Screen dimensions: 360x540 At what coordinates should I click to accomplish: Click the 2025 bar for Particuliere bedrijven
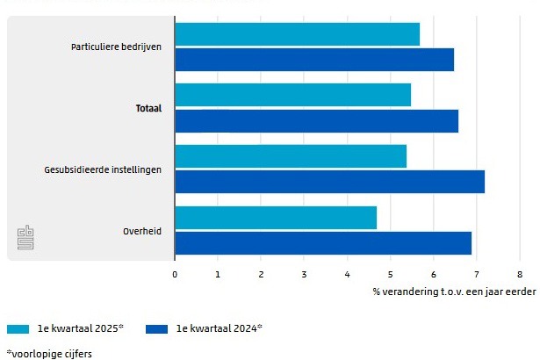pyautogui.click(x=297, y=34)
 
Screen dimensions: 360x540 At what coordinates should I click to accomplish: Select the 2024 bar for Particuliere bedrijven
pyautogui.click(x=314, y=60)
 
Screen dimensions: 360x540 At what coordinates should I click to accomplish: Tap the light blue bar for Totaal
pyautogui.click(x=292, y=95)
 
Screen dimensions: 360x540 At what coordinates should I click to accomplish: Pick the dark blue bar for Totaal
pyautogui.click(x=316, y=121)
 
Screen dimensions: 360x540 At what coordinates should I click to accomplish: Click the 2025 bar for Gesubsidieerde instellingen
pyautogui.click(x=291, y=156)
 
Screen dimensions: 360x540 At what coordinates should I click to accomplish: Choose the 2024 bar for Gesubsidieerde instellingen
pyautogui.click(x=329, y=182)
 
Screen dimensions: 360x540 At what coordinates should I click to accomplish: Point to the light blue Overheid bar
pyautogui.click(x=276, y=218)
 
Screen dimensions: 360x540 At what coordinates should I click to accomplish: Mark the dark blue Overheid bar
pyautogui.click(x=323, y=243)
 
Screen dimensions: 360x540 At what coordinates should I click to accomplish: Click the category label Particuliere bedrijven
pyautogui.click(x=116, y=47)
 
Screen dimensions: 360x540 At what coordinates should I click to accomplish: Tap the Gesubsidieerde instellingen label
pyautogui.click(x=103, y=169)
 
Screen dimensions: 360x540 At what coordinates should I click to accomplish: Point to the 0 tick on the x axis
pyautogui.click(x=175, y=275)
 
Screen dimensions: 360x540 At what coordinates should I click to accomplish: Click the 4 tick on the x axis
pyautogui.click(x=347, y=275)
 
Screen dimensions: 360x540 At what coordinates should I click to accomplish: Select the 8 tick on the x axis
pyautogui.click(x=520, y=275)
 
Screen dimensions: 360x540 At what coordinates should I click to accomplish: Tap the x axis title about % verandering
pyautogui.click(x=453, y=292)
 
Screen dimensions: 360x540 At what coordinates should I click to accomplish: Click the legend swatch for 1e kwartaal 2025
pyautogui.click(x=18, y=329)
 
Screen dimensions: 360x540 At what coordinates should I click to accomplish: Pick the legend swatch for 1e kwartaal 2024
pyautogui.click(x=157, y=329)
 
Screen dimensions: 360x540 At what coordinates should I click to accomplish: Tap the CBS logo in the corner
pyautogui.click(x=25, y=238)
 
